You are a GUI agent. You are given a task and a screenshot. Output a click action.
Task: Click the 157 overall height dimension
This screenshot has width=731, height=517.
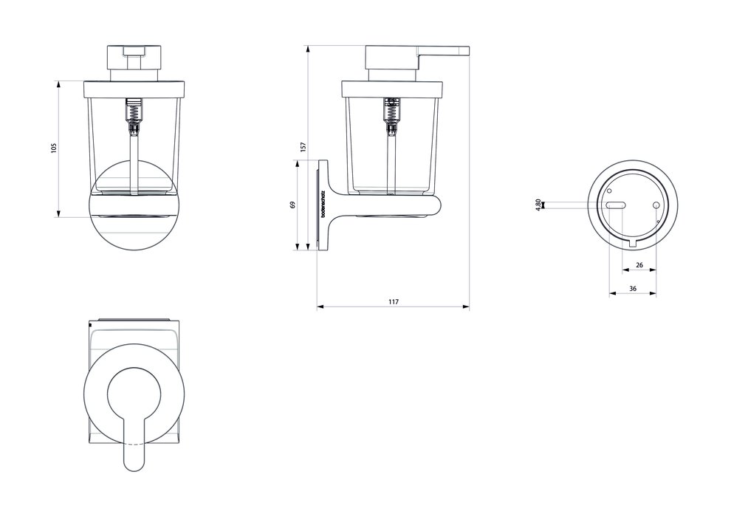(x=303, y=147)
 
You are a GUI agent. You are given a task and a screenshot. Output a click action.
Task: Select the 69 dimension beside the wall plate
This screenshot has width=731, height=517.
(x=293, y=205)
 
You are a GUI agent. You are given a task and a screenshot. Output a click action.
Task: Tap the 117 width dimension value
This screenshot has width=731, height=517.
(x=393, y=301)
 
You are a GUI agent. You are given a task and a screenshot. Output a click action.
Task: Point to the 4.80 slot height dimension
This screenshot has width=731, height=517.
(x=539, y=205)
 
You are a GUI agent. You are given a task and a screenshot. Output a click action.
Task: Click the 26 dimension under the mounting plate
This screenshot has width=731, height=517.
(x=639, y=264)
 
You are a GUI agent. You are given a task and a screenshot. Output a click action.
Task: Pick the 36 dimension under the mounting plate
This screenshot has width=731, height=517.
(x=633, y=289)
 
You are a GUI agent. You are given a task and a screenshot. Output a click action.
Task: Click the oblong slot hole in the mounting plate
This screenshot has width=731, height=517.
(x=617, y=205)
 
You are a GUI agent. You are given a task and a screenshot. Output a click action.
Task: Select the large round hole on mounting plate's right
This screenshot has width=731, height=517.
(x=656, y=205)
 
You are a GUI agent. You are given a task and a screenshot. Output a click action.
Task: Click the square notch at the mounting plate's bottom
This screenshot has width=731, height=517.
(x=633, y=242)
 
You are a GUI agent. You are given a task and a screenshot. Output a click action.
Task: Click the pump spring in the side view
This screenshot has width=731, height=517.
(x=391, y=113)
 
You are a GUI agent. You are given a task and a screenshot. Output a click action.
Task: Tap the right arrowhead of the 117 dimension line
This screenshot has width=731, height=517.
(x=466, y=307)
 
